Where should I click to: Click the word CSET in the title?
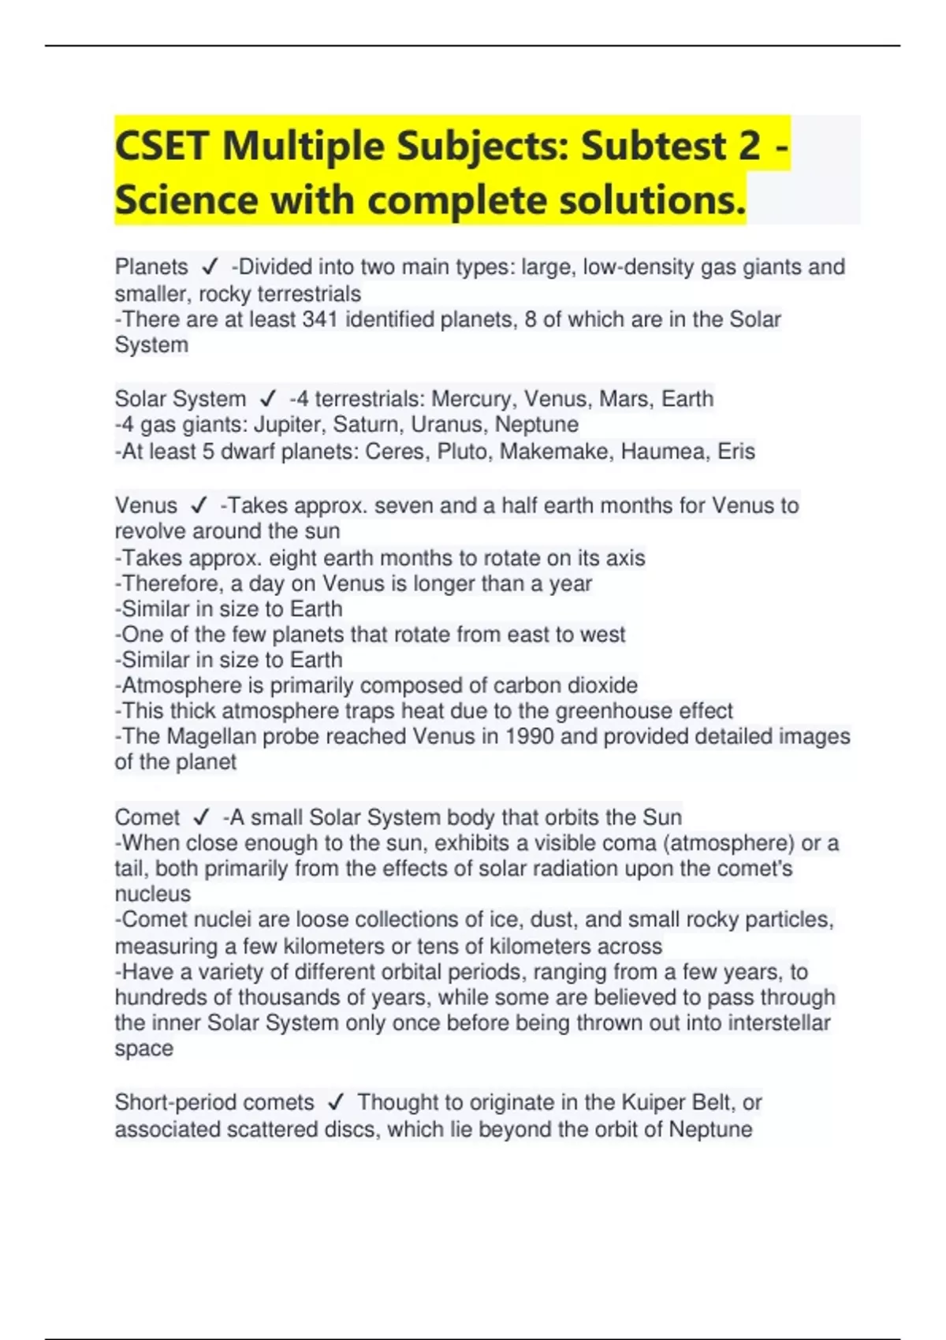pos(162,146)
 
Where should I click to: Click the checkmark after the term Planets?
pos(209,267)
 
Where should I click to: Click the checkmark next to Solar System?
pos(268,399)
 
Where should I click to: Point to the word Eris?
pos(736,452)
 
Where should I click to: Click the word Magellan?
pos(209,736)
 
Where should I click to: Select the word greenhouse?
pos(613,711)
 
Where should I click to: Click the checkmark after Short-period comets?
pos(335,1102)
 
